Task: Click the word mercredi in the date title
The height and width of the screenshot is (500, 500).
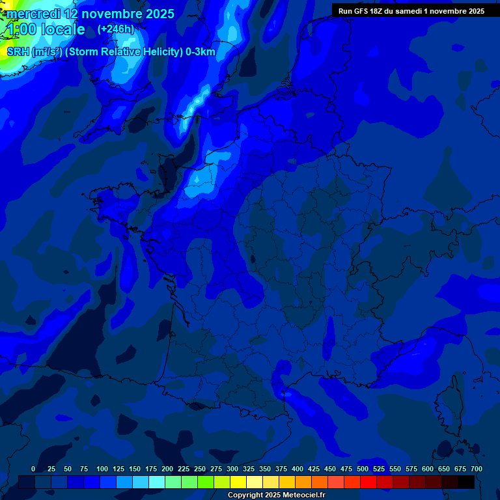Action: click(33, 14)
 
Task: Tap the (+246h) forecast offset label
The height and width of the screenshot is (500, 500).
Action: click(115, 29)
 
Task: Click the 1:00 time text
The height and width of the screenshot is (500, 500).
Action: click(21, 29)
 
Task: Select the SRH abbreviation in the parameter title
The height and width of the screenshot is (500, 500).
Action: click(18, 52)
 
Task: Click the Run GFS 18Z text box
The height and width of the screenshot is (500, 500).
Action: click(411, 11)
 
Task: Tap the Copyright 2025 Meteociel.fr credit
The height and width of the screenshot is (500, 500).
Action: click(277, 495)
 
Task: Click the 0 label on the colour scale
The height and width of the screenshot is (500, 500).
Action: click(33, 469)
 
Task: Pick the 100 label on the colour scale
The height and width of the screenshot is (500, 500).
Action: click(102, 469)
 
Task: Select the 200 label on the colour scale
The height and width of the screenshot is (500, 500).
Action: click(167, 469)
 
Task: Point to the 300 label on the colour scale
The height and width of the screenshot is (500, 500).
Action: click(232, 469)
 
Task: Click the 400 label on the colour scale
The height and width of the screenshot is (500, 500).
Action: click(298, 469)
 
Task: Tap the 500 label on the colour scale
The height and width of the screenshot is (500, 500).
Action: click(363, 469)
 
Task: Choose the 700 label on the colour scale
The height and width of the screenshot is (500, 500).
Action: click(477, 469)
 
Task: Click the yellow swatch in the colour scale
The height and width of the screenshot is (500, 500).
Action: click(238, 482)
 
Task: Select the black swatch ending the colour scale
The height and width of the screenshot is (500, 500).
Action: click(466, 482)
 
